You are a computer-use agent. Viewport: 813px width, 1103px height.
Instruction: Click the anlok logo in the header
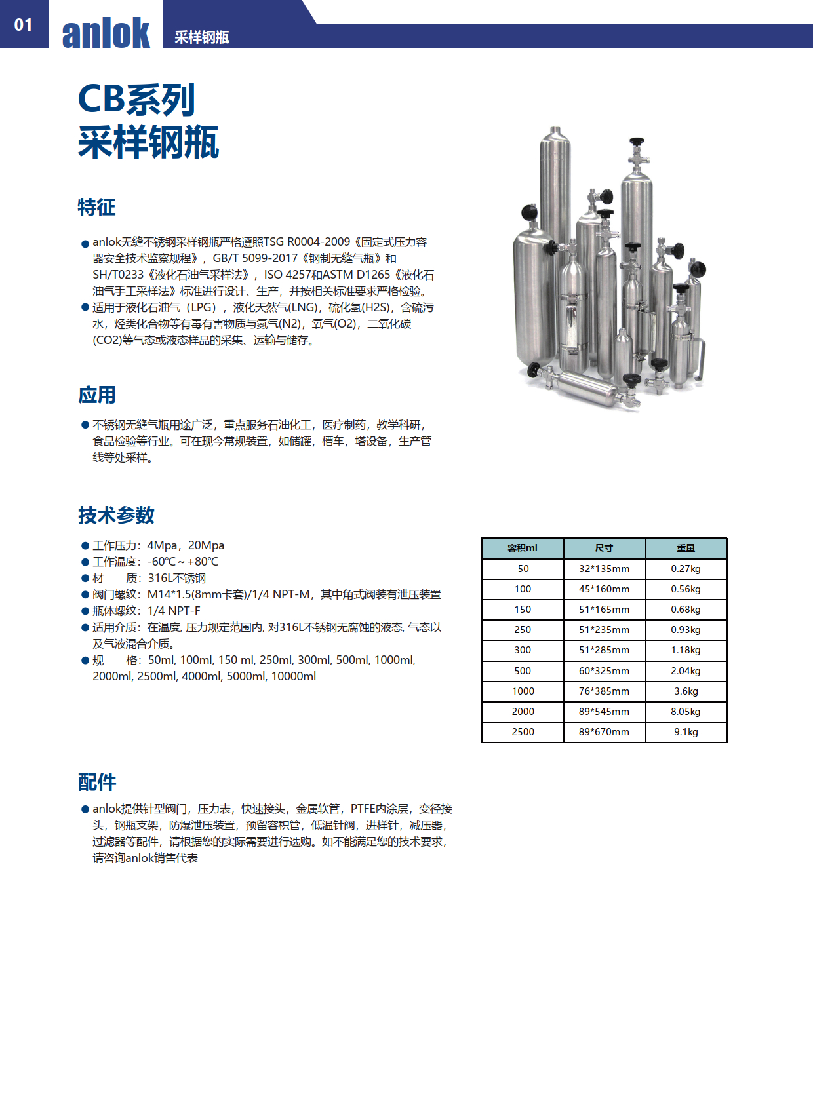(106, 33)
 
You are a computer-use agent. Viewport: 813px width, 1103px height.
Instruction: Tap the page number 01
(23, 25)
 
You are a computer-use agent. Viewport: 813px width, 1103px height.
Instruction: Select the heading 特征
(96, 207)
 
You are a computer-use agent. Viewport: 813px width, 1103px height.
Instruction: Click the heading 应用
(96, 395)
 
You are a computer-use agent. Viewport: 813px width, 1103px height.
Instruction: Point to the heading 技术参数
(116, 515)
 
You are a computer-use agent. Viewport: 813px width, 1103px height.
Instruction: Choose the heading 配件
(96, 782)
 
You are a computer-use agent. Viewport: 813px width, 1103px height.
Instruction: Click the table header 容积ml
(523, 548)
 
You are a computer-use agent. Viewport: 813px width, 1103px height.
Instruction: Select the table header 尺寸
(604, 548)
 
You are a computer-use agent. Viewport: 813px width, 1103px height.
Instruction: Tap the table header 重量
(686, 548)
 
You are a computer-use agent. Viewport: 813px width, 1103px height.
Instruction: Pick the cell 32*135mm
(604, 569)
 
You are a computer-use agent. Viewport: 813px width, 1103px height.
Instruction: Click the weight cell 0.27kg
(686, 569)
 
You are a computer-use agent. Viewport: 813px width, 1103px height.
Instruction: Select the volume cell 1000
(523, 691)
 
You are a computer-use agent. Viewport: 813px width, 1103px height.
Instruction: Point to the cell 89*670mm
(604, 732)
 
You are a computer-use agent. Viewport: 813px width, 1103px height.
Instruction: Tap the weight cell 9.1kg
(686, 732)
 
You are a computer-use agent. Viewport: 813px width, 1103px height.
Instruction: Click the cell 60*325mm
(604, 671)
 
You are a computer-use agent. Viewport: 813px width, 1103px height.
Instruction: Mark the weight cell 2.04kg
(686, 671)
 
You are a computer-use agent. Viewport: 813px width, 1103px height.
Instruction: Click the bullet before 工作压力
(85, 546)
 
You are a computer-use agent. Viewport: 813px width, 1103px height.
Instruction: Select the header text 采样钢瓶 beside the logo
(201, 37)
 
